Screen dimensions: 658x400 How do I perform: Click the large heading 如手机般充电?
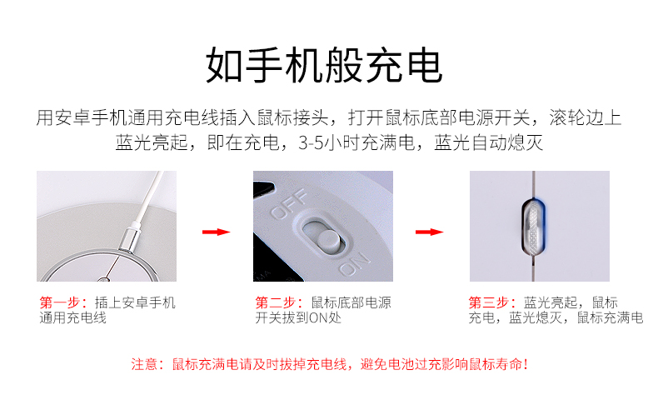pos(323,66)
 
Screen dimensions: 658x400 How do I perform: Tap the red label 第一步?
pos(63,302)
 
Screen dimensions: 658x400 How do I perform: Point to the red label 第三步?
pos(491,302)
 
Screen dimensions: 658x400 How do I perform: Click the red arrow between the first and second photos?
pos(216,232)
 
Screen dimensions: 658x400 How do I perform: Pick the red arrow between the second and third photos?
pos(429,232)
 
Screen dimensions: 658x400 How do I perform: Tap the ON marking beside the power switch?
pos(355,263)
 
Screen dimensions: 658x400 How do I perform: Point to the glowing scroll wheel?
pos(533,227)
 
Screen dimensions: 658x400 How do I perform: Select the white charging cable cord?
pos(149,197)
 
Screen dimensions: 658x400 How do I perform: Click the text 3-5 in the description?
pos(311,143)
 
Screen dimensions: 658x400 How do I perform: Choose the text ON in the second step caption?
pos(318,317)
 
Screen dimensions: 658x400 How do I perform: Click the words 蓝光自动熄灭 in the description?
pos(488,142)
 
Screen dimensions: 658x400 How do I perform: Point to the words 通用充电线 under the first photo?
pos(73,317)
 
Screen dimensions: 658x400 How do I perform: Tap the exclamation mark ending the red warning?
pos(526,364)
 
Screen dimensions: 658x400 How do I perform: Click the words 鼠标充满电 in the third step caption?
pos(610,317)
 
